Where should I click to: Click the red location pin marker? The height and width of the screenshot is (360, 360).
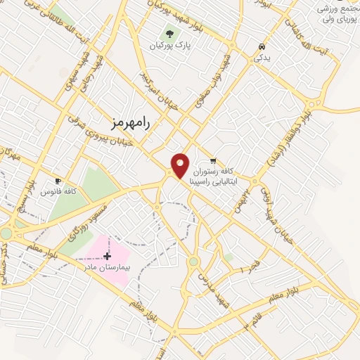(181, 165)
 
